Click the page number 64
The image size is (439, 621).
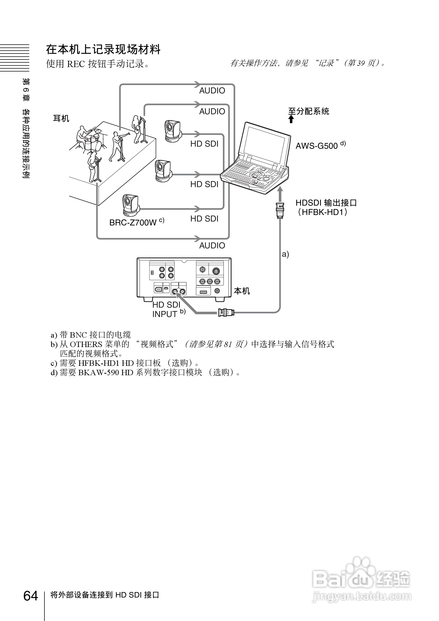point(30,596)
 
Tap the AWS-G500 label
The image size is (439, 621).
point(317,146)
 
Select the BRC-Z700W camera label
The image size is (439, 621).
point(133,222)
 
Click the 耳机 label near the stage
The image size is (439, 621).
point(61,118)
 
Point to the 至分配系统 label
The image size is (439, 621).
point(308,111)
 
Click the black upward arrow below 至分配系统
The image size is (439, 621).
point(291,119)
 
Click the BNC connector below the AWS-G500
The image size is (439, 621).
point(280,210)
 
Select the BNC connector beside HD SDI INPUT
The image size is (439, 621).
point(226,313)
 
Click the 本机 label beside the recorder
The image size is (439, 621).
point(242,291)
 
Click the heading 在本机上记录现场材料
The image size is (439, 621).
point(103,50)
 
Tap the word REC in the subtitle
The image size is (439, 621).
point(76,64)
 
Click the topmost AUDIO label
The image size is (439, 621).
point(212,91)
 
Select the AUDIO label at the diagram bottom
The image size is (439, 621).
point(212,246)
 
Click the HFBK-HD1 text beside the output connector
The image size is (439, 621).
point(322,212)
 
